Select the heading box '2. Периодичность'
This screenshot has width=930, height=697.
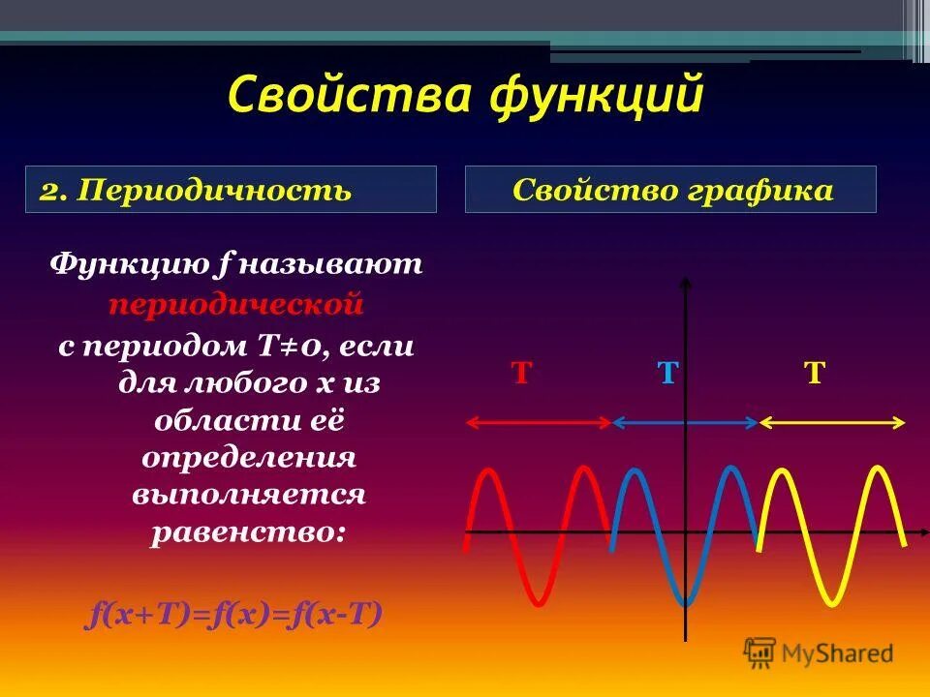point(232,190)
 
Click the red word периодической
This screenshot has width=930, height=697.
point(235,305)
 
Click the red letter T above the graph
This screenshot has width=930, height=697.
point(522,374)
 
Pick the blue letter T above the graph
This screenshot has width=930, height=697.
point(666,374)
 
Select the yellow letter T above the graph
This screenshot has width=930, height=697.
point(815,374)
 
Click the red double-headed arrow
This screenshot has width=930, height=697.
point(540,422)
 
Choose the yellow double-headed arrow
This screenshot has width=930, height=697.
point(832,422)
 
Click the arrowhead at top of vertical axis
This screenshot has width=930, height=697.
point(686,283)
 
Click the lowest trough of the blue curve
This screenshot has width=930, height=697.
point(685,604)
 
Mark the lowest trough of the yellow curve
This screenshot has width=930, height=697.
point(831,603)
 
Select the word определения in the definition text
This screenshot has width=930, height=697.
point(249,457)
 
